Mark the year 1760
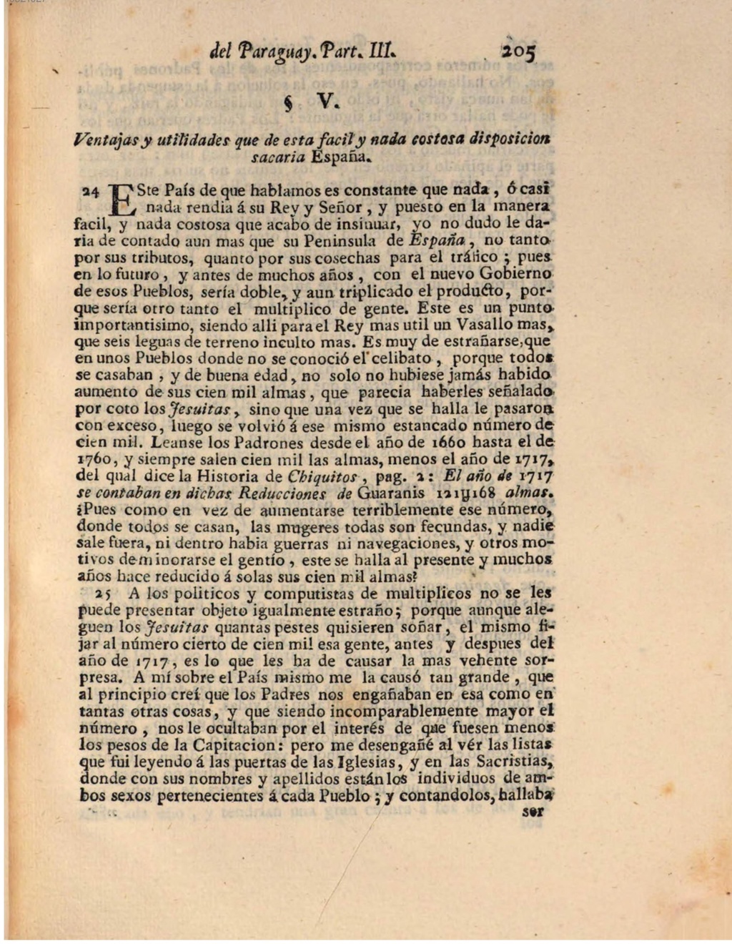(x=93, y=460)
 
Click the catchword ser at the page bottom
(x=533, y=812)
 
